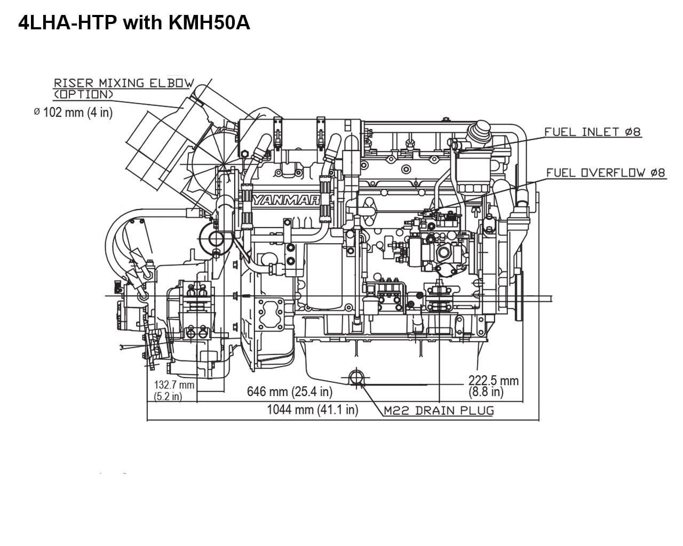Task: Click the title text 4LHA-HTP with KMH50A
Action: (x=134, y=23)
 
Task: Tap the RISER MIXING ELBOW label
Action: (x=123, y=83)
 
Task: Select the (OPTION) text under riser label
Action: (x=83, y=94)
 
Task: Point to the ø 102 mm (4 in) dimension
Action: (x=73, y=113)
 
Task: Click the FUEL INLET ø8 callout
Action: (x=592, y=132)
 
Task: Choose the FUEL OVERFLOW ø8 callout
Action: (x=606, y=173)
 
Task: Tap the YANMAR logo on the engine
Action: (x=286, y=200)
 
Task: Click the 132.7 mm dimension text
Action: (x=174, y=385)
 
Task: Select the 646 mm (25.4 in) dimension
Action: (x=289, y=392)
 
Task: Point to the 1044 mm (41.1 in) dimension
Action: (x=312, y=410)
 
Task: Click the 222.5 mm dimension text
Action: (x=493, y=381)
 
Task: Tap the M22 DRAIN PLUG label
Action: (x=439, y=411)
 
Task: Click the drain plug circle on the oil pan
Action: (x=356, y=378)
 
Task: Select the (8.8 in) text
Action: (x=486, y=392)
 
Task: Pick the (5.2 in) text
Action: (x=168, y=396)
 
